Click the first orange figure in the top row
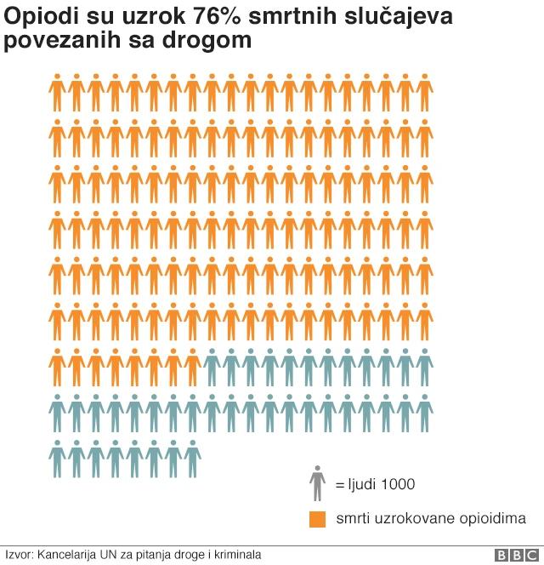pyautogui.click(x=57, y=92)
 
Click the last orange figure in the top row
pyautogui.click(x=424, y=92)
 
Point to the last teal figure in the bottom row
pyautogui.click(x=192, y=459)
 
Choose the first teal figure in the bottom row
pyautogui.click(x=57, y=459)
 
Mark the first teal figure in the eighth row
pyautogui.click(x=57, y=414)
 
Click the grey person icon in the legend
pyautogui.click(x=317, y=484)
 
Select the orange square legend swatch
pyautogui.click(x=317, y=518)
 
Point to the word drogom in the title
pyautogui.click(x=216, y=40)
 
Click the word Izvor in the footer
pyautogui.click(x=19, y=555)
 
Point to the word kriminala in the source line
pyautogui.click(x=237, y=555)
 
